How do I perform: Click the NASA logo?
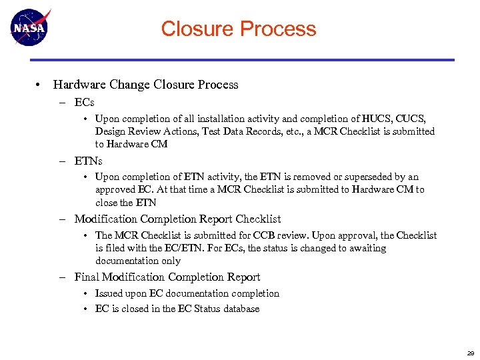pyautogui.click(x=30, y=27)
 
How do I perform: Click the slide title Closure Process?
pyautogui.click(x=239, y=29)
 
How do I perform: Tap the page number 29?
pyautogui.click(x=471, y=353)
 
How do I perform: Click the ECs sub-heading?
pyautogui.click(x=84, y=102)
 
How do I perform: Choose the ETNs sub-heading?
pyautogui.click(x=88, y=161)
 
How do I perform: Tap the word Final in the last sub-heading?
pyautogui.click(x=87, y=277)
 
